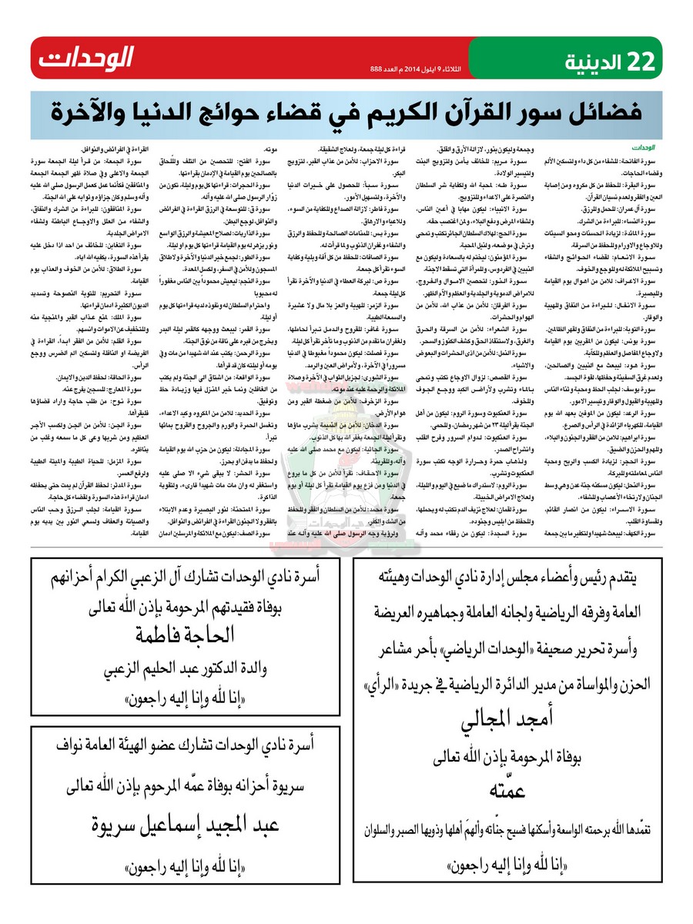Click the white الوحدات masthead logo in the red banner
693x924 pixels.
87,58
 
